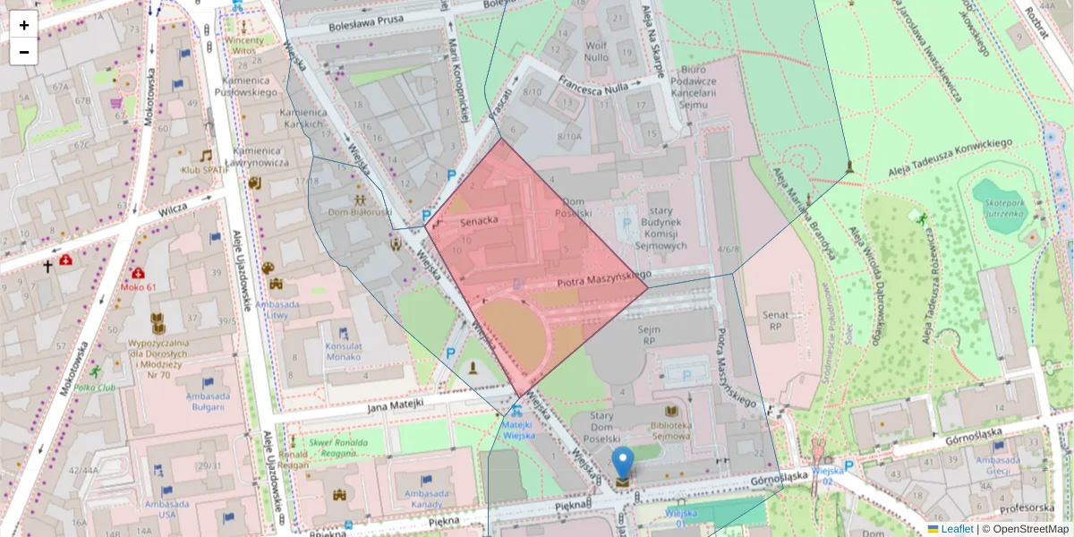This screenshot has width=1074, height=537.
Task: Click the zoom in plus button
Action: click(x=23, y=24)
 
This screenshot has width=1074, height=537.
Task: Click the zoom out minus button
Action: click(x=23, y=52)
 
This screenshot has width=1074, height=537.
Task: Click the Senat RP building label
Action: click(x=775, y=320)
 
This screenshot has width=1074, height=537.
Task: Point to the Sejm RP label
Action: click(x=648, y=335)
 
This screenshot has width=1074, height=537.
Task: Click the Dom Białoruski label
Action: click(x=360, y=213)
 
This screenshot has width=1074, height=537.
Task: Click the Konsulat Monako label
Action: click(x=344, y=352)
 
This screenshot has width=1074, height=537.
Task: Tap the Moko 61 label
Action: click(x=139, y=286)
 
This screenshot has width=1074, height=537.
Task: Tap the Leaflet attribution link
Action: click(x=956, y=529)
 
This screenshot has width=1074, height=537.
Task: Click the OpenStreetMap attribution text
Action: click(x=1029, y=529)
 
